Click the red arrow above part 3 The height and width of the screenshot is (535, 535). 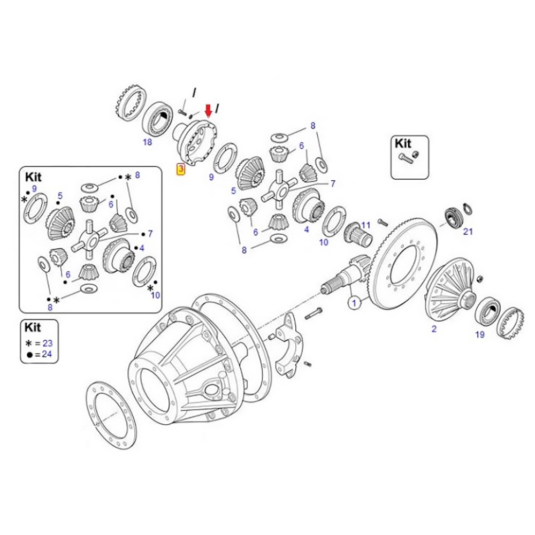(209, 111)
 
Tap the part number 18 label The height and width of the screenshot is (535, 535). (147, 142)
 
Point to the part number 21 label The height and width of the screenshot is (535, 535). (468, 231)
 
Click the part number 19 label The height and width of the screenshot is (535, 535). (479, 334)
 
